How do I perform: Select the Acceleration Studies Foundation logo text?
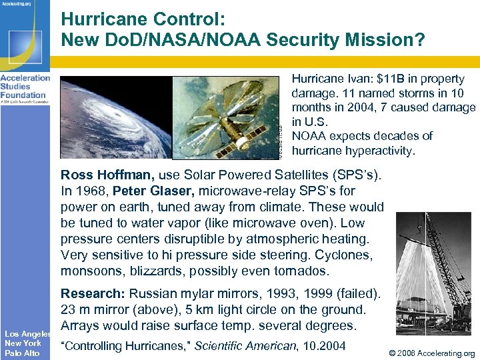25,86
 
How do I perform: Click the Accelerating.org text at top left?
17,4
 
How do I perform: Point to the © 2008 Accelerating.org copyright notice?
430,353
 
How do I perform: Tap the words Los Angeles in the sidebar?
27,333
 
